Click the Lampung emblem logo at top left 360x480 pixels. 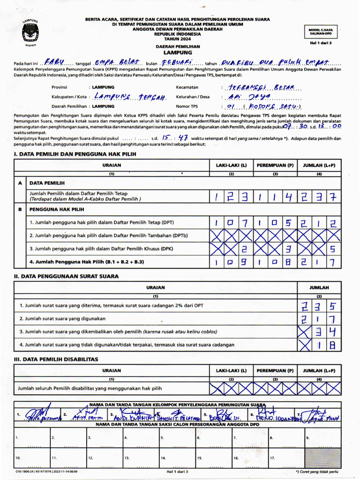click(x=31, y=33)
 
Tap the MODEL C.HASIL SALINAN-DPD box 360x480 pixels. click(x=320, y=31)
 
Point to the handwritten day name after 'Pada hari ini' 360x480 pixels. click(x=56, y=63)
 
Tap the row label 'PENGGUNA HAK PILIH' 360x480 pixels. click(x=57, y=210)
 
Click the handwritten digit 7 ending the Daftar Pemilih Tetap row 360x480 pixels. click(x=332, y=196)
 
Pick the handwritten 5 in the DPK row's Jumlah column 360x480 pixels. click(x=332, y=249)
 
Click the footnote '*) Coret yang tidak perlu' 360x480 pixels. click(x=316, y=472)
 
